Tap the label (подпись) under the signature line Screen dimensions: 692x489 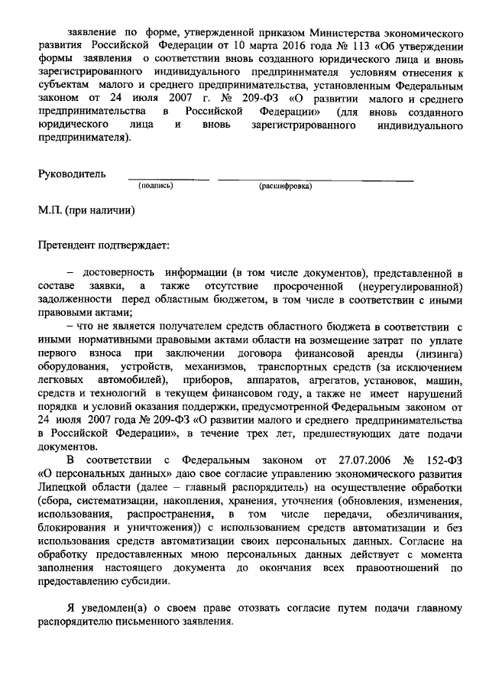point(155,186)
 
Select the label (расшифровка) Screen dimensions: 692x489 point(285,186)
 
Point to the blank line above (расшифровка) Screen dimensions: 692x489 point(316,180)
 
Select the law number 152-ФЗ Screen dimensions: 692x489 point(447,461)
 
